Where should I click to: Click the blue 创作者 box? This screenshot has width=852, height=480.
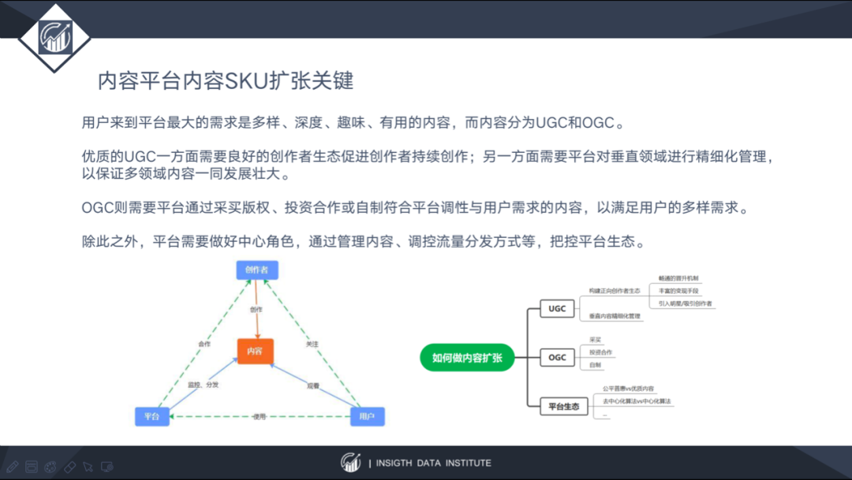point(257,270)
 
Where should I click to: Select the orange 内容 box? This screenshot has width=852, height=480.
point(256,350)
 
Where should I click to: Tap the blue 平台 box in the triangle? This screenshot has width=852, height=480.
point(152,416)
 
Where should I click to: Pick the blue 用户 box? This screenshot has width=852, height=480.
point(367,416)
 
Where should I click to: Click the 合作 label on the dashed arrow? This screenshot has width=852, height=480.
point(204,344)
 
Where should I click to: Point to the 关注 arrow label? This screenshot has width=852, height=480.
point(312,344)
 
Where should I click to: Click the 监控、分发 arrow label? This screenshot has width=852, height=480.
point(204,385)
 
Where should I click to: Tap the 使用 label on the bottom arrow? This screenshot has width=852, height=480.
point(260,417)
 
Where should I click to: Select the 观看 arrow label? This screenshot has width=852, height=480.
point(313,385)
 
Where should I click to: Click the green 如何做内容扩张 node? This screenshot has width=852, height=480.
point(467,357)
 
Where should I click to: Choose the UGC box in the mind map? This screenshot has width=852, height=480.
point(558,309)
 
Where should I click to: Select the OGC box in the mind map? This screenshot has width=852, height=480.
point(558,357)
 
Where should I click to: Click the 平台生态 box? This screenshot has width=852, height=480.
point(564,407)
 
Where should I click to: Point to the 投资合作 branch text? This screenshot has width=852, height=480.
point(601,352)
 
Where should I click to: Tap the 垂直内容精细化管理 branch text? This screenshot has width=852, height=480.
point(615,316)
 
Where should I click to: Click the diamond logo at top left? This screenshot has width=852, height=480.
point(54,36)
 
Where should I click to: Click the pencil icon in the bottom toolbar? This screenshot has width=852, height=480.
point(12,467)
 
